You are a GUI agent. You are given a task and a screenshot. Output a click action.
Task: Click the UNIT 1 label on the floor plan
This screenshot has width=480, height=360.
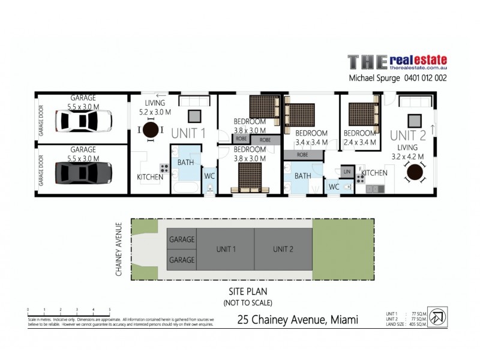tap(190, 133)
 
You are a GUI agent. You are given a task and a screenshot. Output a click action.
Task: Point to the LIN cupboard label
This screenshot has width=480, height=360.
tap(347, 172)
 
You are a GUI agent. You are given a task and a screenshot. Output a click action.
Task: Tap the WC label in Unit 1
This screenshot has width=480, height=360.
tap(209, 176)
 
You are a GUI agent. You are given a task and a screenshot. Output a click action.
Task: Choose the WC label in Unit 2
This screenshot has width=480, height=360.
tap(334, 187)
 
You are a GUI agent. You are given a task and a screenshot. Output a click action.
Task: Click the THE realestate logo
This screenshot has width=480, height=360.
tap(397, 63)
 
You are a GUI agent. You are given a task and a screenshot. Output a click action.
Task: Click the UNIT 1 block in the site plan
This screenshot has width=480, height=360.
tap(226, 249)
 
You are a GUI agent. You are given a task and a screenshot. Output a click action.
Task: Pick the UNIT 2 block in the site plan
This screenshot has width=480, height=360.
tap(283, 249)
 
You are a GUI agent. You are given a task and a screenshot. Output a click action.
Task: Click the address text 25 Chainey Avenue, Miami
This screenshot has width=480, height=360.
tap(298, 320)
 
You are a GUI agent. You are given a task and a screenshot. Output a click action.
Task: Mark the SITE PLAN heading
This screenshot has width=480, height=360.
tap(248, 292)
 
